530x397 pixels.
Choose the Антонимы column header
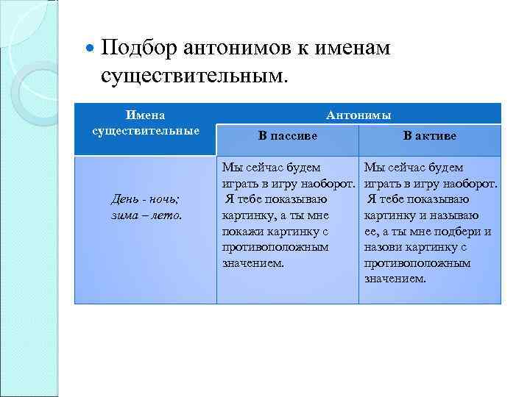coord(358,115)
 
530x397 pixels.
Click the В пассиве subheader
coord(288,136)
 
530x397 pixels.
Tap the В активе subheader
coord(430,136)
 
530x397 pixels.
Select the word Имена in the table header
coord(145,115)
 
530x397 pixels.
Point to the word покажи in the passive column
coord(241,232)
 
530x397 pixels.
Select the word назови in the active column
coord(383,248)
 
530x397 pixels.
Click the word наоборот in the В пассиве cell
coord(331,183)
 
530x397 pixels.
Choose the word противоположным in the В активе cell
coord(417,263)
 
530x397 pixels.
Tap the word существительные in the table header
coord(145,131)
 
